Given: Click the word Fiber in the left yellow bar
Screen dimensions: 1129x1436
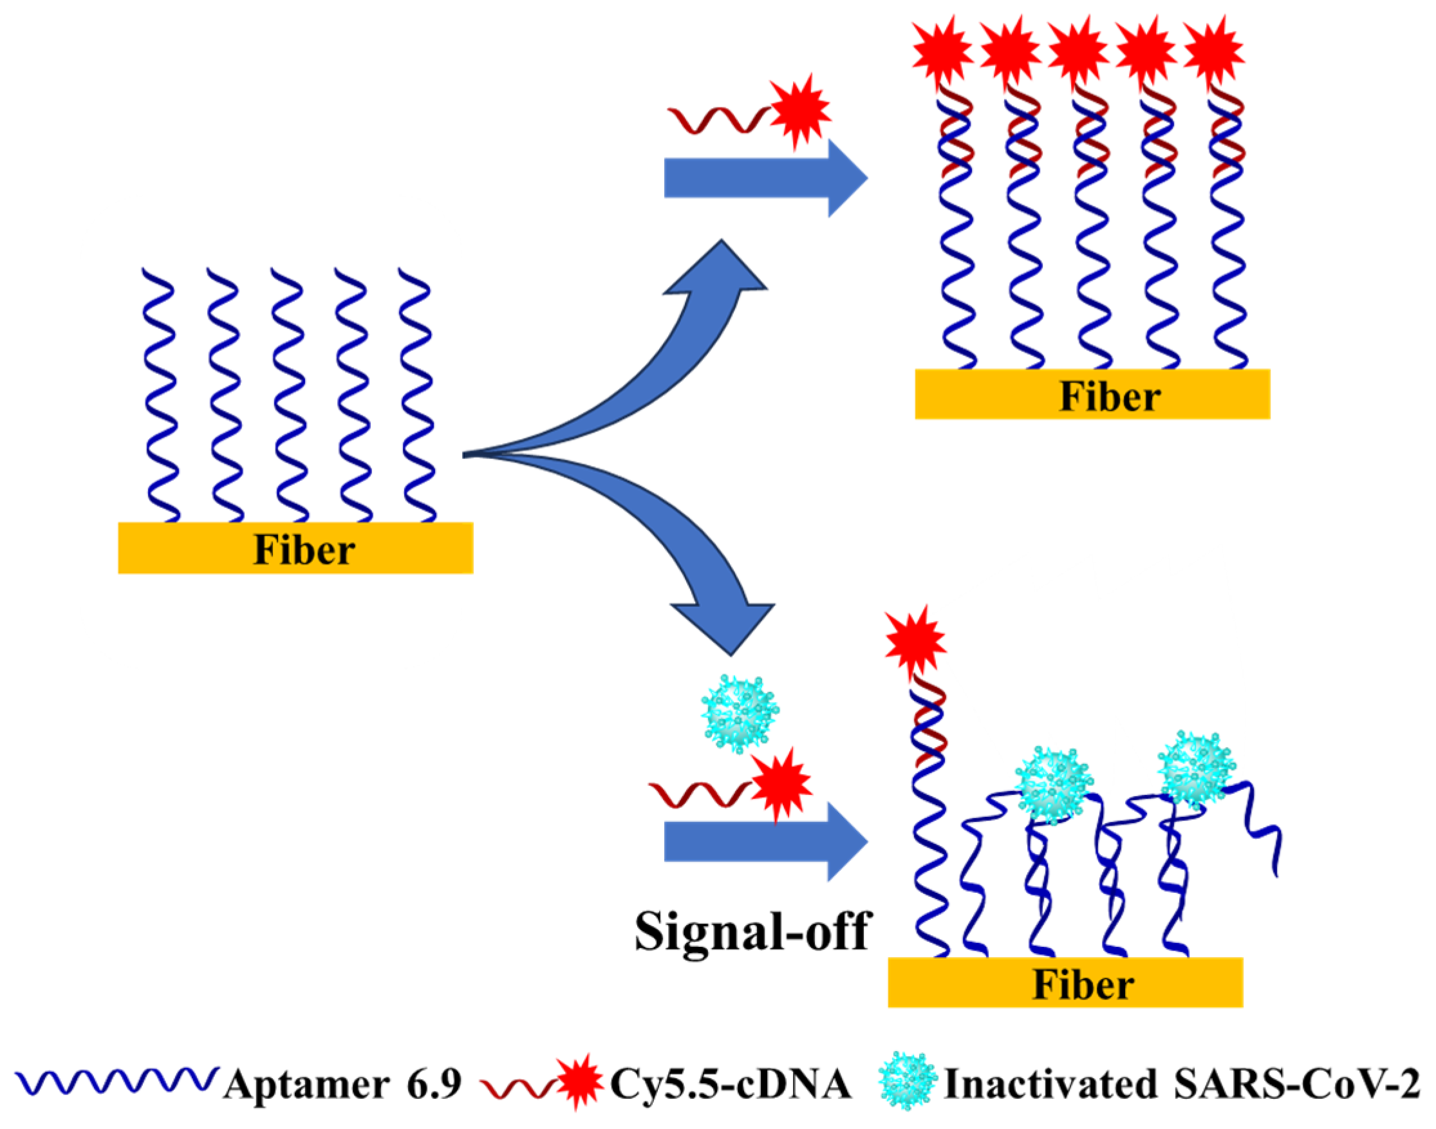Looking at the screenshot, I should [x=304, y=550].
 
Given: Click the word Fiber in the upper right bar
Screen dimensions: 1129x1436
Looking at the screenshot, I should [x=1110, y=397].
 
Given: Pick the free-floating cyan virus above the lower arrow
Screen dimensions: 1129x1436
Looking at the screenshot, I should [x=740, y=713].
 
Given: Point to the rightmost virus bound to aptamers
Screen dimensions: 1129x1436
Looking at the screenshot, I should [x=1196, y=770].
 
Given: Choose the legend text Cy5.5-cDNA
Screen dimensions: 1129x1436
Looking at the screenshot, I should [x=730, y=1085].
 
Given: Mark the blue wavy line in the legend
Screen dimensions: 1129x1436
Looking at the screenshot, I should [x=116, y=1081].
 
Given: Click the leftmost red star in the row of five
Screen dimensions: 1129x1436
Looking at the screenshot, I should [x=942, y=50].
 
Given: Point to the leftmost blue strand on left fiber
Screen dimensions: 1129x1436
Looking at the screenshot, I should [x=160, y=397].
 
